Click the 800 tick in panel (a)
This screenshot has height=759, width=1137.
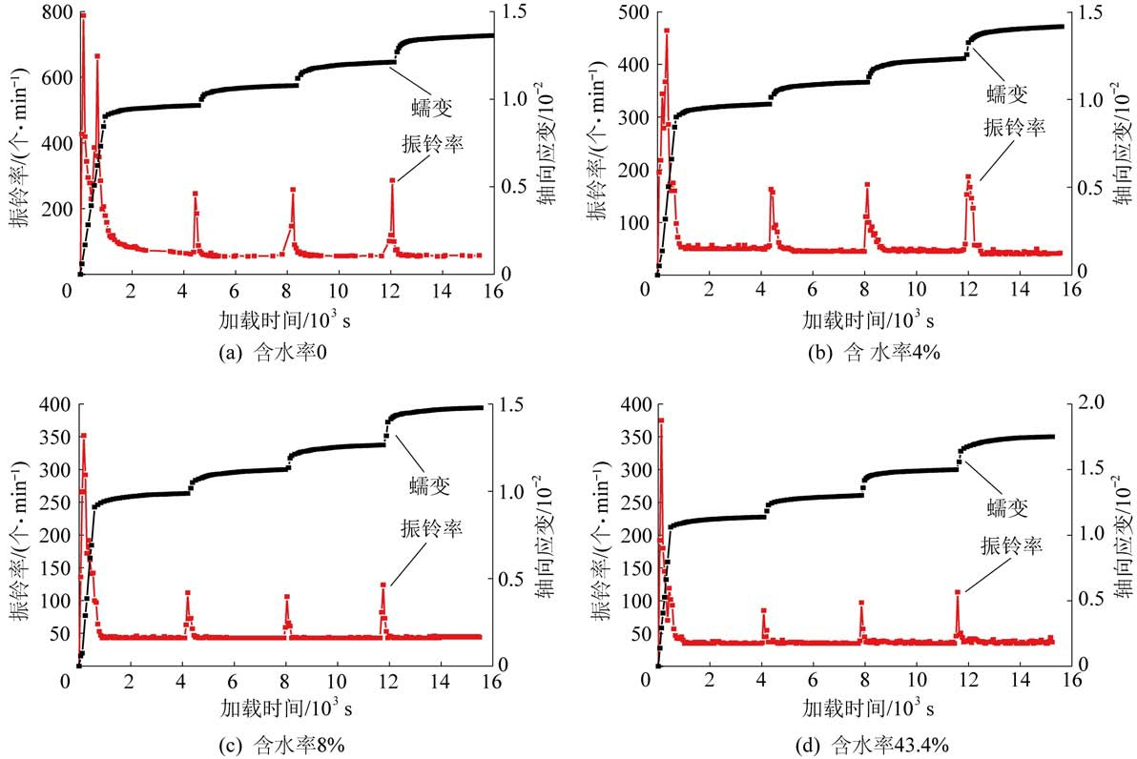click(x=48, y=12)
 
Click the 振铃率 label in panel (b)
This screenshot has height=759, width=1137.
click(x=1009, y=129)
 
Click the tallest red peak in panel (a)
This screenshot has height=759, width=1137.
click(x=83, y=15)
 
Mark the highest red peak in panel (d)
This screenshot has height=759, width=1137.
click(x=660, y=420)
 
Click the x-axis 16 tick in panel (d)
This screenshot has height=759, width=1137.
click(x=1070, y=681)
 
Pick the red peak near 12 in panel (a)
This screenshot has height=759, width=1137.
click(x=391, y=180)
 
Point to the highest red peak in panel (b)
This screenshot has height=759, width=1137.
click(x=666, y=31)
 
